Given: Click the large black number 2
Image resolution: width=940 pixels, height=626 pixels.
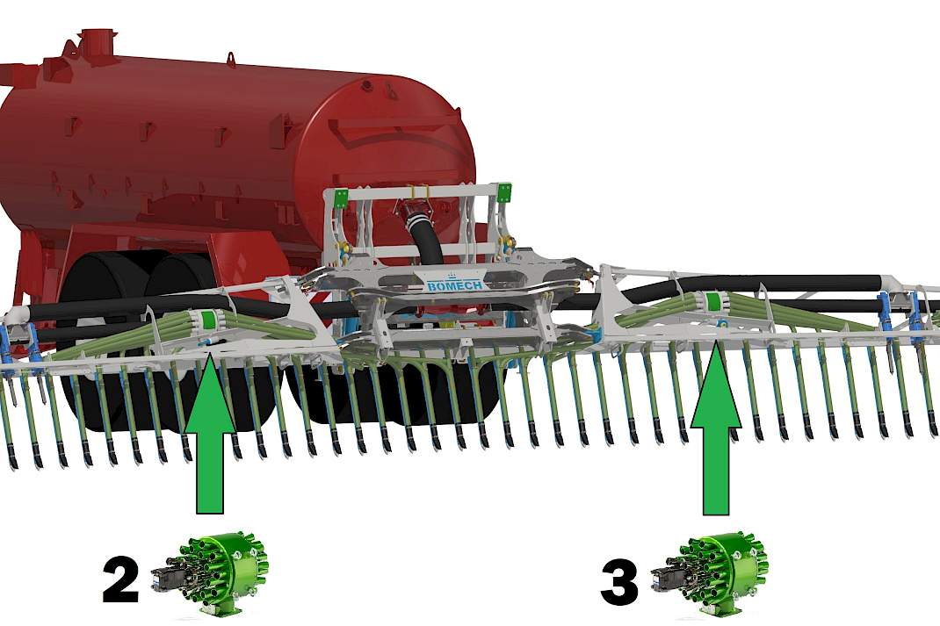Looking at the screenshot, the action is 120,579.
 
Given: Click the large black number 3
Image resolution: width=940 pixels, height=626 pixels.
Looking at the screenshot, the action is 620,582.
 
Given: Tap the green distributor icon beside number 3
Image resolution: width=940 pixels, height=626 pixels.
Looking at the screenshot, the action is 709,575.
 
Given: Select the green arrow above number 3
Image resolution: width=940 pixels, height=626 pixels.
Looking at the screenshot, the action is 716,429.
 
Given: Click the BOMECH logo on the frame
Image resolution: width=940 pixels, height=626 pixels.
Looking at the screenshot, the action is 455,284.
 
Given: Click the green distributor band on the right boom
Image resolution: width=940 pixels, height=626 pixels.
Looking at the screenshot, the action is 712,301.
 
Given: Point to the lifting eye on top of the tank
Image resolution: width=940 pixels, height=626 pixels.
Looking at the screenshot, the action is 230,58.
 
